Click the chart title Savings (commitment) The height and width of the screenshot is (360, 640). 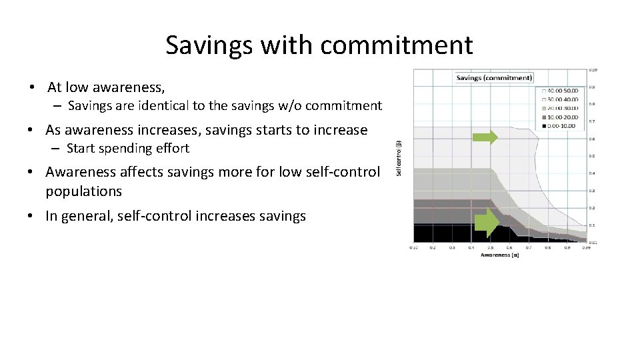(494, 78)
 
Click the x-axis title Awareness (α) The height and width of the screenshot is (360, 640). (499, 255)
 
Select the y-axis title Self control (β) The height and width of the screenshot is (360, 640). (399, 158)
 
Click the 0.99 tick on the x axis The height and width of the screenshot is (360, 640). (587, 247)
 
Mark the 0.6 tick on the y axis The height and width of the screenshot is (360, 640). (591, 139)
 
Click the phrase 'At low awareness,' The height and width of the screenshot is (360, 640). (106, 87)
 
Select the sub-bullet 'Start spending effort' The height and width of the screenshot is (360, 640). (128, 148)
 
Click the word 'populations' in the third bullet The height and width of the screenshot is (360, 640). (84, 191)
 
